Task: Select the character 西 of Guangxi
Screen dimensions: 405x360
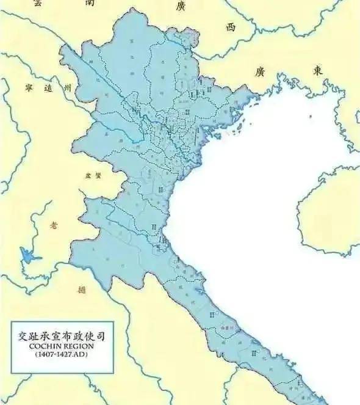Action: point(229,27)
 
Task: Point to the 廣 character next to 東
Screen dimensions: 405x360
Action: point(260,72)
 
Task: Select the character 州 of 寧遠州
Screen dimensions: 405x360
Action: point(69,89)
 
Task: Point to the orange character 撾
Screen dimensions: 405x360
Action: point(82,289)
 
